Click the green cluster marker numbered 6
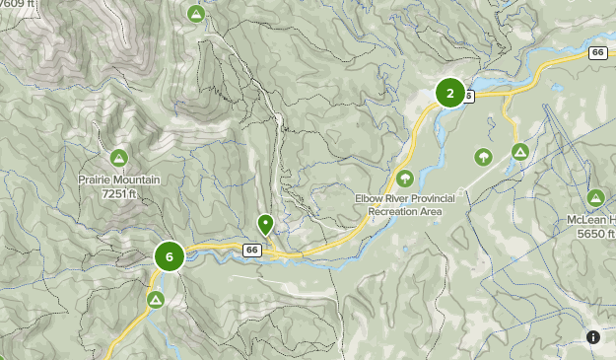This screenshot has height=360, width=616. (x=170, y=256)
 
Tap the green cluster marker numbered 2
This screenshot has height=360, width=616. (x=450, y=94)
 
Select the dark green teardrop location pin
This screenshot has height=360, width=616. (x=265, y=225)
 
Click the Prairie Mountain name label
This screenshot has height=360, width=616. (x=118, y=180)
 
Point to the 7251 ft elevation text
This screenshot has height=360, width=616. (x=118, y=194)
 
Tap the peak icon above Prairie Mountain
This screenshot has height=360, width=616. (x=118, y=157)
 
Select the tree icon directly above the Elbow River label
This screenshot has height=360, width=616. (x=404, y=178)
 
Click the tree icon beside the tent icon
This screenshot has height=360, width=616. (x=483, y=156)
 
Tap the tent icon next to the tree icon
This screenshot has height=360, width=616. (x=519, y=151)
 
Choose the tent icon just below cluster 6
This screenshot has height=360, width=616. (x=155, y=299)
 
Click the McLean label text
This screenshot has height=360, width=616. (x=597, y=220)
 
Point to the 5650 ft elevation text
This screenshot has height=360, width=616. (x=596, y=234)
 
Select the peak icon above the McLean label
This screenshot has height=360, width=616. (x=595, y=196)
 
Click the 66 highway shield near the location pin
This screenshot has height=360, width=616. (x=252, y=251)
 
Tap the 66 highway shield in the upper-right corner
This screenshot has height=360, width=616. (x=598, y=52)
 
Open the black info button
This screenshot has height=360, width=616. (x=593, y=337)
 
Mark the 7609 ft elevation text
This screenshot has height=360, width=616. (x=18, y=4)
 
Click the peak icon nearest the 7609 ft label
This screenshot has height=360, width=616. (x=196, y=14)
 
